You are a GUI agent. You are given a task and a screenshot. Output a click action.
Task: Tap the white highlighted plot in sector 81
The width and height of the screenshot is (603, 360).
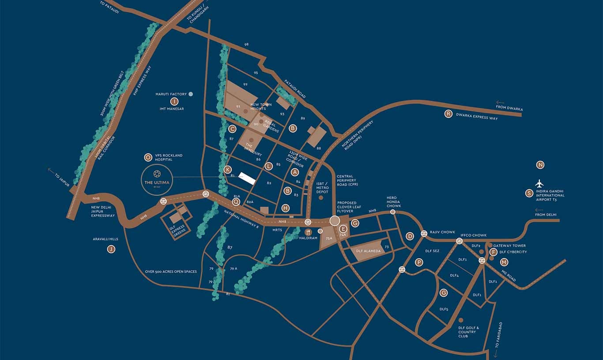click(247, 178)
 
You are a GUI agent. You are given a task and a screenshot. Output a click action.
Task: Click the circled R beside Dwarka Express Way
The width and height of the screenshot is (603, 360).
click(448, 114)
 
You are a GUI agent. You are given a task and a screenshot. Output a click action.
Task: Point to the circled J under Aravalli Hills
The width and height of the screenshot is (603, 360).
click(111, 249)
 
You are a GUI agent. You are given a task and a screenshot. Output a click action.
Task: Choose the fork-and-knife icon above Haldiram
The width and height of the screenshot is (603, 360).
click(308, 231)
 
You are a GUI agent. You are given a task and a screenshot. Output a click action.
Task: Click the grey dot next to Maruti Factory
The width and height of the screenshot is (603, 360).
click(191, 94)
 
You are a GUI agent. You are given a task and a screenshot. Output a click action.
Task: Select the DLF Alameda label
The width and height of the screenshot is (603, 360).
click(368, 250)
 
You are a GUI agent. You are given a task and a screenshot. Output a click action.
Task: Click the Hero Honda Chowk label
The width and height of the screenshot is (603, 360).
click(393, 202)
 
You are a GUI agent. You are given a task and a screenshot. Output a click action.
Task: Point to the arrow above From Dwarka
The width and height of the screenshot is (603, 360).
click(500, 102)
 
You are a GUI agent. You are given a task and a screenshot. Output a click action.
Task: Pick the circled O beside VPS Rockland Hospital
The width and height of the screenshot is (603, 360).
click(148, 157)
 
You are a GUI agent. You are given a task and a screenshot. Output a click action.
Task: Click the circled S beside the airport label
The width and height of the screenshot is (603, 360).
click(529, 193)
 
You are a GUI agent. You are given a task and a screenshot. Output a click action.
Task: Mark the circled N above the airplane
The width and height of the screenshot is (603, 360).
click(540, 165)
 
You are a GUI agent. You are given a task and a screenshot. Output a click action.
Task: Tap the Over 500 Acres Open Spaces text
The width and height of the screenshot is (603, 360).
click(171, 272)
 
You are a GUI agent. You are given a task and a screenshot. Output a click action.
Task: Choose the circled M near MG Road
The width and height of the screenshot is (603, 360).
click(504, 262)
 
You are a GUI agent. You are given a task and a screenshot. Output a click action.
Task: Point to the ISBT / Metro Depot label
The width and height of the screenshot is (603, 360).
click(322, 188)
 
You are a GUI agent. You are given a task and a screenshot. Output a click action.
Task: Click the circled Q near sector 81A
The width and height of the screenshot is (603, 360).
click(236, 201)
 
